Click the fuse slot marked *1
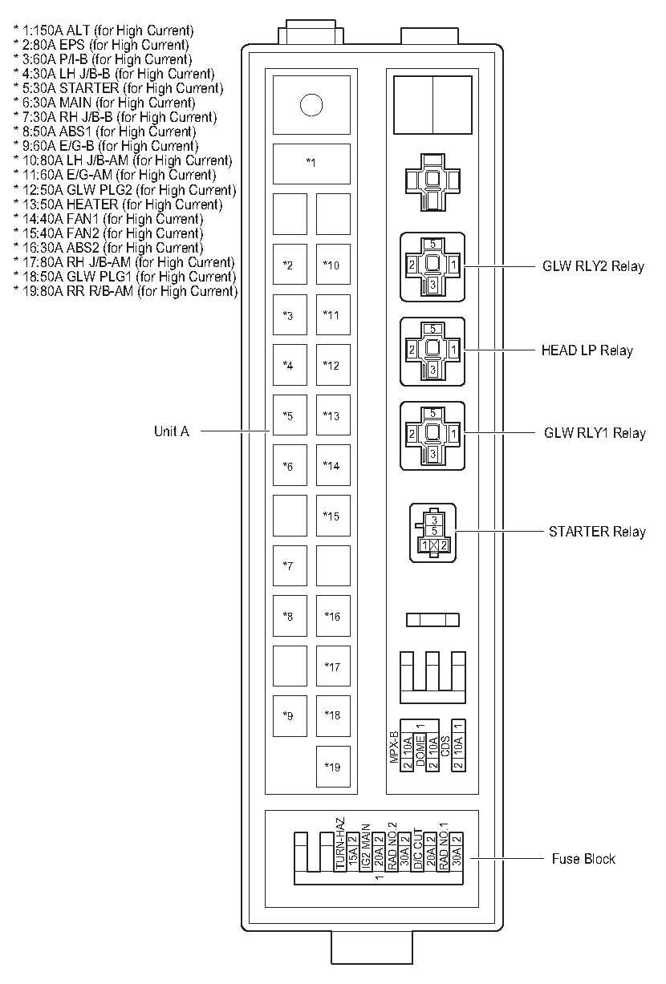tap(311, 164)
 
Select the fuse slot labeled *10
tap(332, 265)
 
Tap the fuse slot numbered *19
tap(333, 767)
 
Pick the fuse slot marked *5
tap(289, 415)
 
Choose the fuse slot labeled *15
tap(332, 516)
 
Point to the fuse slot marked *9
tap(289, 715)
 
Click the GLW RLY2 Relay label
tap(593, 266)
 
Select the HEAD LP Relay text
tap(587, 350)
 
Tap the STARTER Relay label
tap(597, 531)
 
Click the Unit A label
tap(171, 431)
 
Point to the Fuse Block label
tap(583, 859)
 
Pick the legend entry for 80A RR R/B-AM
tap(126, 291)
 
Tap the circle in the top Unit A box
tap(311, 104)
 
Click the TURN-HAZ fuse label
tap(340, 844)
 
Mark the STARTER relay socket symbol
tap(432, 532)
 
